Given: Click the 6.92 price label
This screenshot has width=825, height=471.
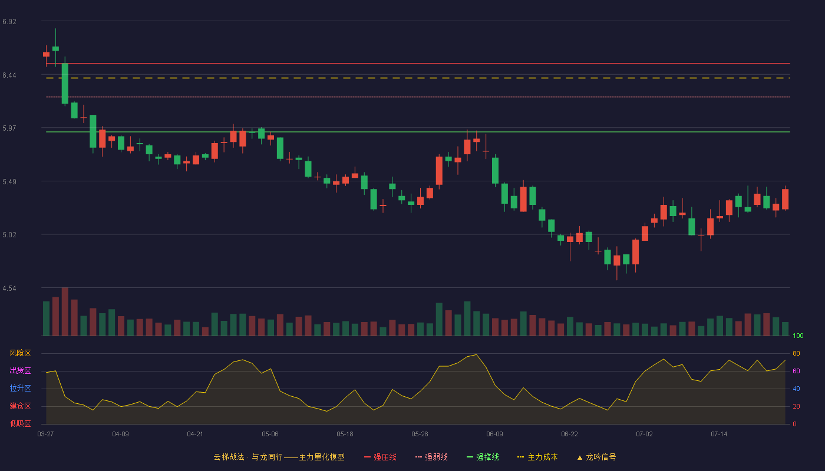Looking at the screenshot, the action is pyautogui.click(x=9, y=22).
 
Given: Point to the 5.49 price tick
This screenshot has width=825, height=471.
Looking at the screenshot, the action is pyautogui.click(x=9, y=182).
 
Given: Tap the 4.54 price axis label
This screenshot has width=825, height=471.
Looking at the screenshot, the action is pyautogui.click(x=9, y=288).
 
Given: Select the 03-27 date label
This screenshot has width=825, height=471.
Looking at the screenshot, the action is pyautogui.click(x=46, y=434).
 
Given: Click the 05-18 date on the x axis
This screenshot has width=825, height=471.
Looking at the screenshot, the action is pyautogui.click(x=345, y=434).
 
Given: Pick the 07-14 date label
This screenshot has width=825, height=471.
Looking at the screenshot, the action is pyautogui.click(x=719, y=434).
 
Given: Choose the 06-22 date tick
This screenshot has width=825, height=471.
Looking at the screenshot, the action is pyautogui.click(x=569, y=434).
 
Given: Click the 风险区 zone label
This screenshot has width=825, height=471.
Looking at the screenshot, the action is pyautogui.click(x=20, y=353).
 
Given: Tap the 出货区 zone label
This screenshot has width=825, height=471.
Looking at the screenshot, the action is pyautogui.click(x=20, y=370).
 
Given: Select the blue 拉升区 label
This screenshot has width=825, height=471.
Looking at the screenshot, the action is pyautogui.click(x=20, y=388).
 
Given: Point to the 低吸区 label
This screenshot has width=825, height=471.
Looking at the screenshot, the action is pyautogui.click(x=20, y=423).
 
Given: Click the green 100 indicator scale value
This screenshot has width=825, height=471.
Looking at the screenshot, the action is pyautogui.click(x=798, y=336).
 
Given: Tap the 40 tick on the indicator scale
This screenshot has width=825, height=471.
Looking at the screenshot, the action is pyautogui.click(x=796, y=389).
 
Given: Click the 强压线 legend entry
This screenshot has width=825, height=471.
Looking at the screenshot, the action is pyautogui.click(x=380, y=457).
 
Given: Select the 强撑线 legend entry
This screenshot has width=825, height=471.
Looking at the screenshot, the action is pyautogui.click(x=483, y=457).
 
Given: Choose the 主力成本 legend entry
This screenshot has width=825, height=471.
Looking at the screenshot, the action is pyautogui.click(x=537, y=457).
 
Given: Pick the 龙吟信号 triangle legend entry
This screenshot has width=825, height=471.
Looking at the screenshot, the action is pyautogui.click(x=596, y=457).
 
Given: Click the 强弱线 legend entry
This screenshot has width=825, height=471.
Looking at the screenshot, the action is pyautogui.click(x=431, y=457).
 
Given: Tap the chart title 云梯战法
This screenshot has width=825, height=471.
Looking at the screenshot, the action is pyautogui.click(x=229, y=457).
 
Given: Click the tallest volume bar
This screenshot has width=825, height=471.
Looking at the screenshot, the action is pyautogui.click(x=65, y=311).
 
